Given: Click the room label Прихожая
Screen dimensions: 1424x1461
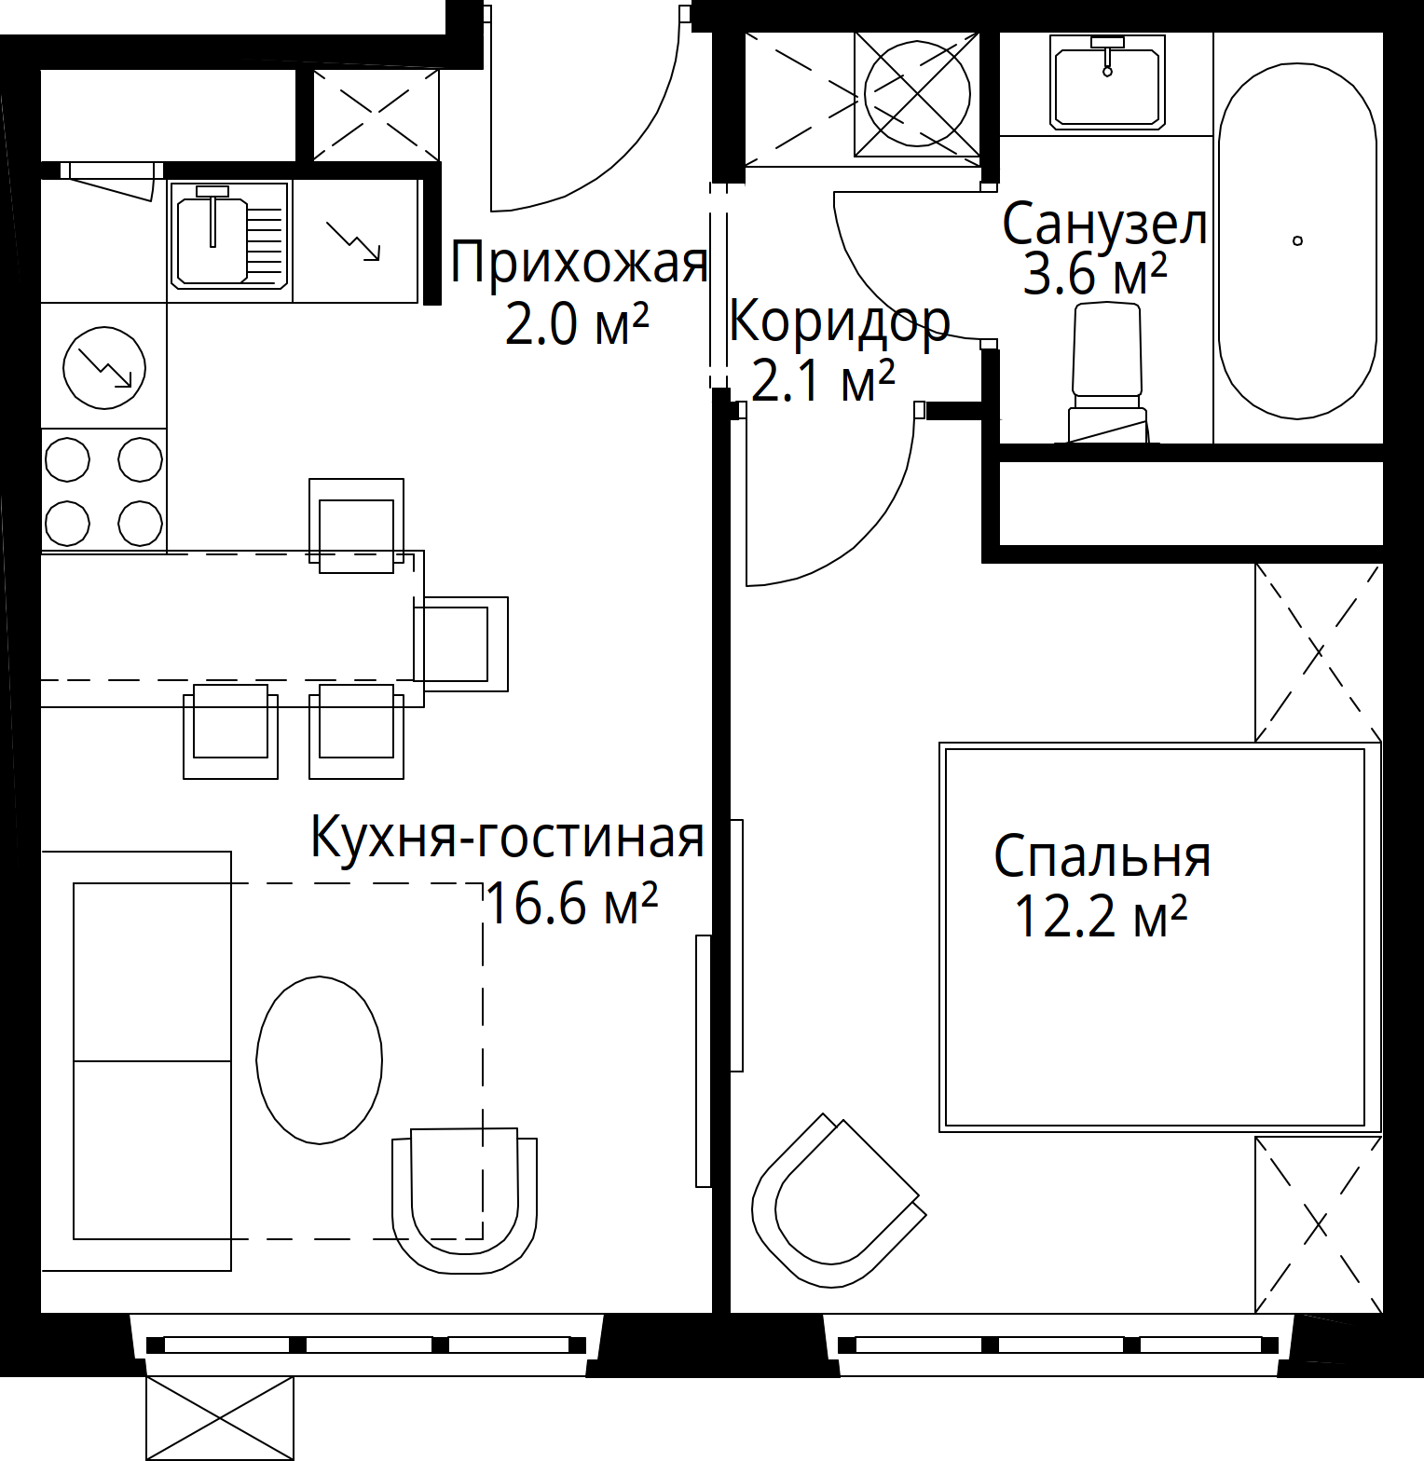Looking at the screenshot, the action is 579,262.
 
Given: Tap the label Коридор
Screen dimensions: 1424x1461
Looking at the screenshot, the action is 839,322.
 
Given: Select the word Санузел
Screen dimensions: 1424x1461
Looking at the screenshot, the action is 1104,225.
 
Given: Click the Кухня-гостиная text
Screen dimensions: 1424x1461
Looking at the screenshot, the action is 507,836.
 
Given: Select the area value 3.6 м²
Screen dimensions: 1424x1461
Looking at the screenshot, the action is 1095,274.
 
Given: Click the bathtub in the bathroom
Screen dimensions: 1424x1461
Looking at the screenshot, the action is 1297,240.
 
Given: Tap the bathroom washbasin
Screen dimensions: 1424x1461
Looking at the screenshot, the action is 1107,81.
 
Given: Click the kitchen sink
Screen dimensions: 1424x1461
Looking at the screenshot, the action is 229,235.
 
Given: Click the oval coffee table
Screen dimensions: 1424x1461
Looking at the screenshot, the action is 320,1059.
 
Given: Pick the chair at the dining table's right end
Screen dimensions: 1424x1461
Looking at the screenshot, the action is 461,644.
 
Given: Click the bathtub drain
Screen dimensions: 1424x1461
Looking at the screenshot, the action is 1297,240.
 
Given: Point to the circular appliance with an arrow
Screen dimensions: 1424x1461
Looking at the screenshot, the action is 104,367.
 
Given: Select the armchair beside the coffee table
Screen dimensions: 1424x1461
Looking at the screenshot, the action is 465,1200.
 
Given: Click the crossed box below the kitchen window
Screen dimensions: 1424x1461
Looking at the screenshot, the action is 220,1418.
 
